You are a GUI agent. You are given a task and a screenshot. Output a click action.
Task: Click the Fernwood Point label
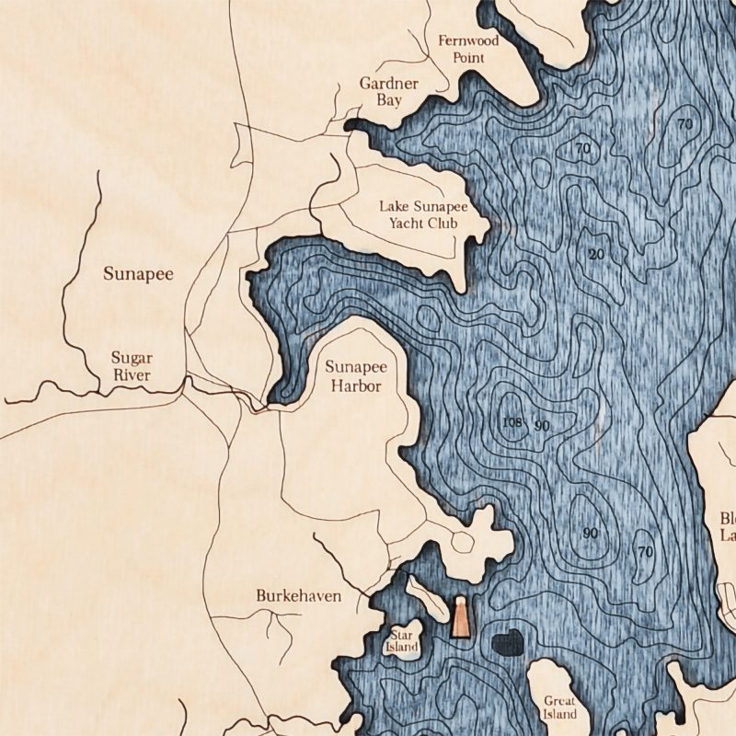point(468,49)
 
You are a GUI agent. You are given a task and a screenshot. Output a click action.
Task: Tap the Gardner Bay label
point(388,91)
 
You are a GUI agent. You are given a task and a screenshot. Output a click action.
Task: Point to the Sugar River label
point(131,365)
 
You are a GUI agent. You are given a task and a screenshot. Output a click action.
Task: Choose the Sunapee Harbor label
point(355,376)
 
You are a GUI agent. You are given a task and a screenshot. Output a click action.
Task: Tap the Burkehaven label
point(298,596)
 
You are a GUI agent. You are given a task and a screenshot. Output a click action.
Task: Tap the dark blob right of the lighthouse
point(507,644)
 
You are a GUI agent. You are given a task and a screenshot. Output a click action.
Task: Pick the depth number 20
point(596,255)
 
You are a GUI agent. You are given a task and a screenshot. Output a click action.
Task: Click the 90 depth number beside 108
point(542,425)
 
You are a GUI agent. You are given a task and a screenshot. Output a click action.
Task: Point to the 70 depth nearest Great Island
point(644,552)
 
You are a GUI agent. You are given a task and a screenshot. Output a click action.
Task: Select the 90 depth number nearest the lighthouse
point(590,534)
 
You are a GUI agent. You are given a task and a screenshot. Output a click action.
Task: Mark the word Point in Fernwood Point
point(468,57)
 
